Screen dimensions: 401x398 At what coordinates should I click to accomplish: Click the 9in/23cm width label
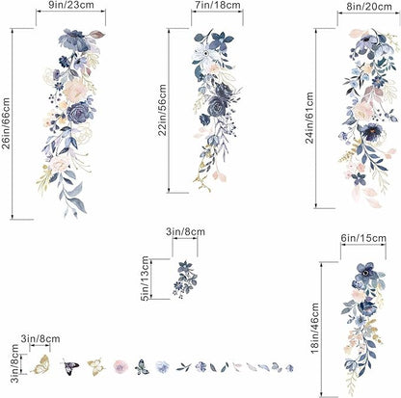71,5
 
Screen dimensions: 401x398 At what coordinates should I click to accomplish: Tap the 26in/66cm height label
6,123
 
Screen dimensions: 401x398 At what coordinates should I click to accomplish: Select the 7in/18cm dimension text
217,5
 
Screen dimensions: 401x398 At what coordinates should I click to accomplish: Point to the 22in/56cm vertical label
163,110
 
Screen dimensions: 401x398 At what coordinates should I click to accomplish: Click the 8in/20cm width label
369,6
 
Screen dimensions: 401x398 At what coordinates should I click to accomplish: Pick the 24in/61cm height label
309,118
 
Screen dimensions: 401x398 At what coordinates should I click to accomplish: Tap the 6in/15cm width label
363,238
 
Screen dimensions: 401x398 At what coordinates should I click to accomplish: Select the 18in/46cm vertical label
314,328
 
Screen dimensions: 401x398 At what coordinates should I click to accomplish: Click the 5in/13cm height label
145,279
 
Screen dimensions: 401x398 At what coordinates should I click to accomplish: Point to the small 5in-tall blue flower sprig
185,279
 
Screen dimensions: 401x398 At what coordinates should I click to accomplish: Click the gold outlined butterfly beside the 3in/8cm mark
40,365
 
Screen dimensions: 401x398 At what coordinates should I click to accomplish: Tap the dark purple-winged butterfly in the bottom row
70,366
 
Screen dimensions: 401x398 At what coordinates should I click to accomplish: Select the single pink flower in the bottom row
120,366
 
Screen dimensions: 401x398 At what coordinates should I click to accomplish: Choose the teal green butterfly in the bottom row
142,367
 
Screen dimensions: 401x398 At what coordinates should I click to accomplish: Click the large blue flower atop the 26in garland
73,40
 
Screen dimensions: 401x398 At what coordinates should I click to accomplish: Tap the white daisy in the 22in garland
203,54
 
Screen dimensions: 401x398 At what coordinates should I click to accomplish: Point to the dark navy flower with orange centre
370,132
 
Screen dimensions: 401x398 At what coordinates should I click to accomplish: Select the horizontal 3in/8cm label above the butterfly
40,338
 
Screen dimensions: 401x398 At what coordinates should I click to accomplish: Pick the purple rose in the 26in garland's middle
79,113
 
